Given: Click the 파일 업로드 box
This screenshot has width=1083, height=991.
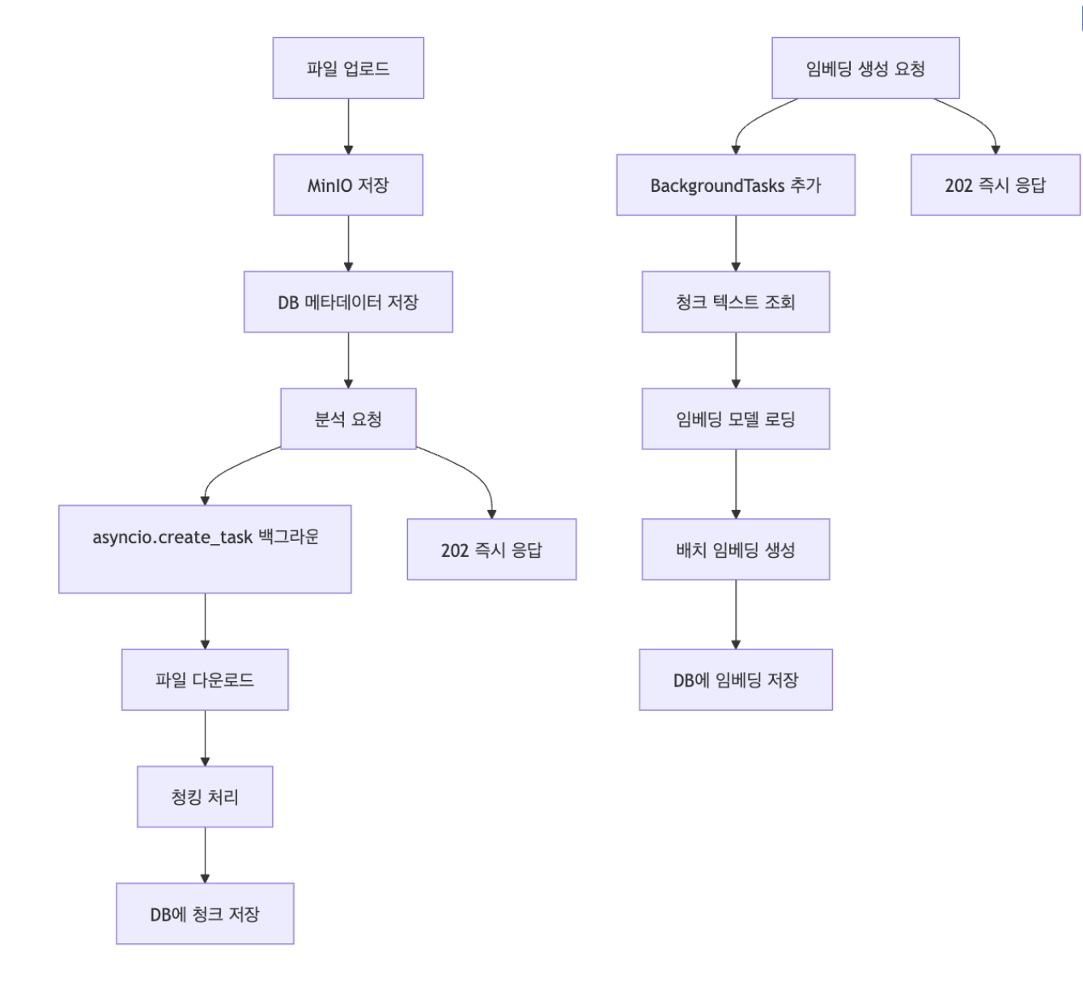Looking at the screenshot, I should [348, 68].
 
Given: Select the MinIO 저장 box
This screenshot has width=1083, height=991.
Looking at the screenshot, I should [348, 185].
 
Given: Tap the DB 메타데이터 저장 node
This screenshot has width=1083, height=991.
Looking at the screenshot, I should [348, 302].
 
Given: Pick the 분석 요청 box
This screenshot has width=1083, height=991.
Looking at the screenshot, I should [348, 419].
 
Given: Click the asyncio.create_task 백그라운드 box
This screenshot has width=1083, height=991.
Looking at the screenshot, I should [205, 549].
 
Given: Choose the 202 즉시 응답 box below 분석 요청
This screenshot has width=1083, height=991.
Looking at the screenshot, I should [491, 550].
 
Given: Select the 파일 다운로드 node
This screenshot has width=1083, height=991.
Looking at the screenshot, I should [205, 680].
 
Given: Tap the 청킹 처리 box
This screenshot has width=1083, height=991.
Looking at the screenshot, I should [205, 797].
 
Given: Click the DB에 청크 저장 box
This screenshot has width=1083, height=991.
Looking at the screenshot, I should [205, 914].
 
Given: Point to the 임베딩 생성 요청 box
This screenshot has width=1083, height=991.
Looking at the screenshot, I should [865, 68].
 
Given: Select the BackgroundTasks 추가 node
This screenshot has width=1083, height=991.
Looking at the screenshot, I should [736, 185].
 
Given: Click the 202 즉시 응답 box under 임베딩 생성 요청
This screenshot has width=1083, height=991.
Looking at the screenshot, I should [995, 185].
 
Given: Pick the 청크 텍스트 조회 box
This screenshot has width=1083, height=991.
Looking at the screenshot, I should [736, 302].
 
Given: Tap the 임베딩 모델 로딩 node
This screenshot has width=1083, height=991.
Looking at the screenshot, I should [736, 419].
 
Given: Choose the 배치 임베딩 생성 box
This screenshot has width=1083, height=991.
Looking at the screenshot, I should [736, 550].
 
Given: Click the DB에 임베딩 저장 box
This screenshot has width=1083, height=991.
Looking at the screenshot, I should [736, 680].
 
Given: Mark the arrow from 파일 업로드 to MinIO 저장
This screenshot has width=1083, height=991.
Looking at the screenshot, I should [348, 126].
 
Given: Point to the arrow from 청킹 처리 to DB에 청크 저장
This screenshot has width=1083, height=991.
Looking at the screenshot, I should [205, 855].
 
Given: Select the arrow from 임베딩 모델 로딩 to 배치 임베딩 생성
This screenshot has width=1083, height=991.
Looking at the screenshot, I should [736, 484].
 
